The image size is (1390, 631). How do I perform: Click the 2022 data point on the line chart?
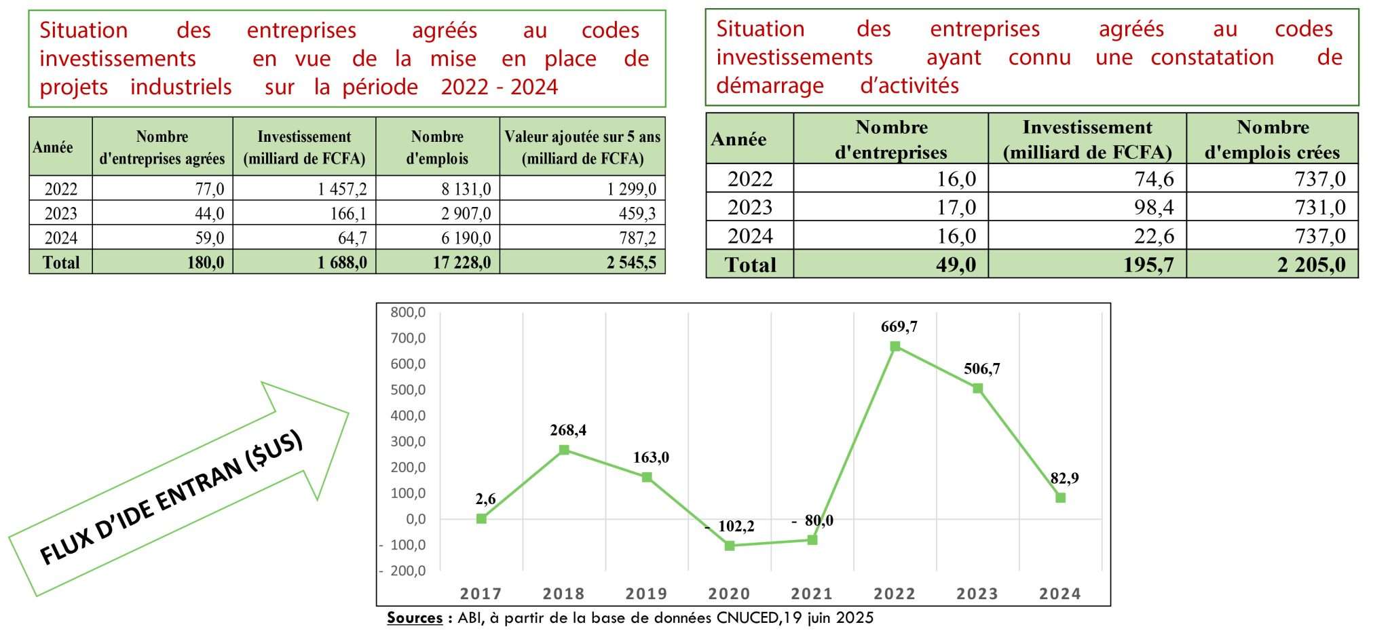tap(895, 346)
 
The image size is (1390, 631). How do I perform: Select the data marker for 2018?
tap(564, 450)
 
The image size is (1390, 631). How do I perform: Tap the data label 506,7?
tap(981, 369)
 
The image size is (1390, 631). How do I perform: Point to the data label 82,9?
tap(1064, 478)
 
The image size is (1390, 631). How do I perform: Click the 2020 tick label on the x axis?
tap(729, 594)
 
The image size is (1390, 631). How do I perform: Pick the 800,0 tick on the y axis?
tap(408, 313)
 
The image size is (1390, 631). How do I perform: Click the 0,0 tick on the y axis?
tap(412, 519)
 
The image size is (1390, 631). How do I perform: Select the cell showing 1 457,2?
tap(342, 189)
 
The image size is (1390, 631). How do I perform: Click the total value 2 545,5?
tap(631, 263)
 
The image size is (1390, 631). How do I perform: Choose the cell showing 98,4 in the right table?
tap(1154, 207)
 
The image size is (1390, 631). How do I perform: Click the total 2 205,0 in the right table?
tap(1311, 265)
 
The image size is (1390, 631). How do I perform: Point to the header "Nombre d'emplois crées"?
tap(1272, 139)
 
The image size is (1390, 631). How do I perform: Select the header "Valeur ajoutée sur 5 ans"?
tap(582, 147)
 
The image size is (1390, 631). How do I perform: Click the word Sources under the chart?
tap(414, 618)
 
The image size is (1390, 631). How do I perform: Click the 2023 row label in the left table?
tap(61, 214)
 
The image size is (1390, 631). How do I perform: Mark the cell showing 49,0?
tap(956, 265)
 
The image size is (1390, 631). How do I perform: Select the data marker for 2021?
tap(812, 540)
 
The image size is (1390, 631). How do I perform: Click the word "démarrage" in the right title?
tap(770, 86)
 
